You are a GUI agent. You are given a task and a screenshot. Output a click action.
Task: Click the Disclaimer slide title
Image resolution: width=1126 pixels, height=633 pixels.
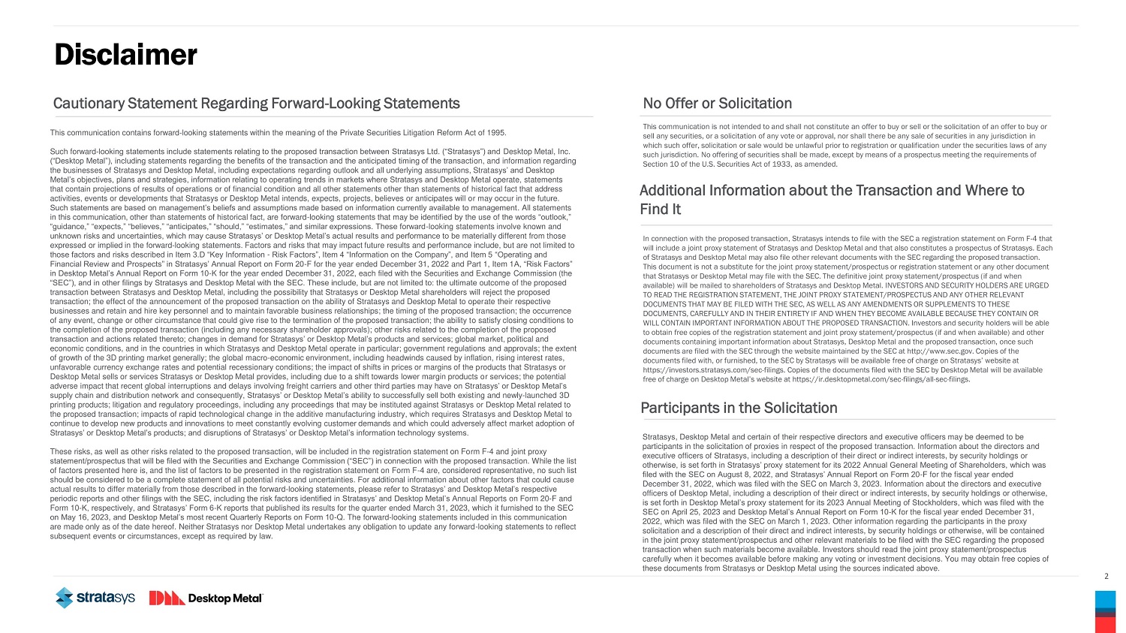point(125,55)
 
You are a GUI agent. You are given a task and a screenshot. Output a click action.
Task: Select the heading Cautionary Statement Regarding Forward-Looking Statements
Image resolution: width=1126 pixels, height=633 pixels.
point(256,104)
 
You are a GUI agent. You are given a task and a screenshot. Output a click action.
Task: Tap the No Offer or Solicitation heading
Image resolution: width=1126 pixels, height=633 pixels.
point(717,104)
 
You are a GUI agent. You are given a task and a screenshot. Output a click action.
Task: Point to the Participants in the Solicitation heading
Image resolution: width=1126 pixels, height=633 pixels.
point(739,408)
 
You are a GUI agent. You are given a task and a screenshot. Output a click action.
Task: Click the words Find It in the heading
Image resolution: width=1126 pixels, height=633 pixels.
point(661,209)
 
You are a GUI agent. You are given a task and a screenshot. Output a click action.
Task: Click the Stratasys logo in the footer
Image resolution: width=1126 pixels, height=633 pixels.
point(95,598)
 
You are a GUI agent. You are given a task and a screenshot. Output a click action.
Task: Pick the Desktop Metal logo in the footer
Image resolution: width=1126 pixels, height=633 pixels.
point(206,598)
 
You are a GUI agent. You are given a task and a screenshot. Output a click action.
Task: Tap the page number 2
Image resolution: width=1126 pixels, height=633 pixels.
point(1106,577)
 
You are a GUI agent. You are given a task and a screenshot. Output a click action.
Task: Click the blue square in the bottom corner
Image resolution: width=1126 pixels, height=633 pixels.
point(1105,599)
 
